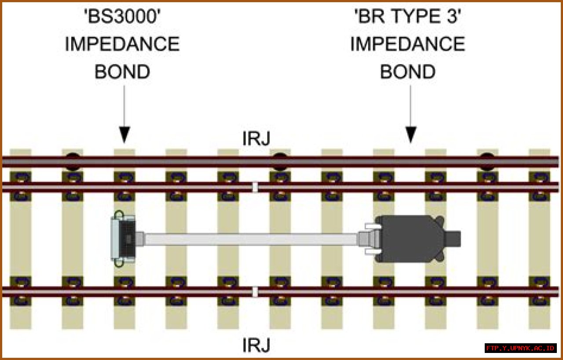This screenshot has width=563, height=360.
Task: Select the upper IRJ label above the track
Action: tap(256, 139)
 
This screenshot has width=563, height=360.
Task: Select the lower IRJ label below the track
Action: tap(256, 345)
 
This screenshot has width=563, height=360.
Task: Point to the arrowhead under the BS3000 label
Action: tap(124, 135)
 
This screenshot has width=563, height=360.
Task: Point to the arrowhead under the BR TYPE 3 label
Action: tap(410, 135)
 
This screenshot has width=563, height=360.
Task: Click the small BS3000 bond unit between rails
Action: tap(124, 239)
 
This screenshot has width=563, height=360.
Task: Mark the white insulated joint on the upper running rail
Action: tap(255, 187)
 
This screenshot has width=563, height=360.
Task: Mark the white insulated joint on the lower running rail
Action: tap(255, 291)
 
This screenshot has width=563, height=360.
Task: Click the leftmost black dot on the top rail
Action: tap(73, 161)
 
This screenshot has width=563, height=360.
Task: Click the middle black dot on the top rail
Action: tap(278, 161)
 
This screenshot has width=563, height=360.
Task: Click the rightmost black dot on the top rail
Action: tap(486, 161)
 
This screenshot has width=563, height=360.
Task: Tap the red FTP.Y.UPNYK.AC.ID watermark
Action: tap(520, 348)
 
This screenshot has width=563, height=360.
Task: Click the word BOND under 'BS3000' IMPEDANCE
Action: tap(122, 72)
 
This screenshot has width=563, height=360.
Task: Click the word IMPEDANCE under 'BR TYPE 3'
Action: tap(407, 44)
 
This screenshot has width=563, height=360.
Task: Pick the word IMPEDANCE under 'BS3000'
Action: tap(122, 44)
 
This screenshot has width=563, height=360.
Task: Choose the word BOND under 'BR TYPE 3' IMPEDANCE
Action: tap(407, 72)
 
